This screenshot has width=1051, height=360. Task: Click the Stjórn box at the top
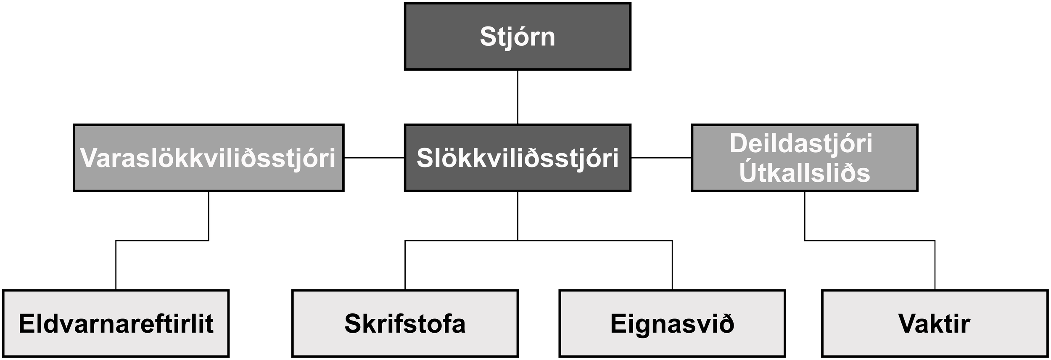518,36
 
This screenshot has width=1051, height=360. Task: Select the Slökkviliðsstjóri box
518,158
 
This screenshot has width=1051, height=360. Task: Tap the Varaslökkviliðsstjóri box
208,158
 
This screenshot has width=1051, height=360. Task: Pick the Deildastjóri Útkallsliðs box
804,158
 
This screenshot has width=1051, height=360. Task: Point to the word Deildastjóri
801,143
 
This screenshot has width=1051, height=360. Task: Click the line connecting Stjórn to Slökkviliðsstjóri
518,97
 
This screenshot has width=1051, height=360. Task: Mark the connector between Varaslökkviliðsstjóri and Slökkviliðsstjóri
374,158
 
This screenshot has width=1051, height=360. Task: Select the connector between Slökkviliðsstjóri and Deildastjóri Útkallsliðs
661,158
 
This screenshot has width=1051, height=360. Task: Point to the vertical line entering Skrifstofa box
405,265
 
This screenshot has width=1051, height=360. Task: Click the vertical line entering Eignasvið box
672,265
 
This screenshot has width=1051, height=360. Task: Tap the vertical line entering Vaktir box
935,265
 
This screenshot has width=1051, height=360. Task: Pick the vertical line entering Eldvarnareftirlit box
116,265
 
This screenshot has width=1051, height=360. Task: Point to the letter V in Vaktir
906,324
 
